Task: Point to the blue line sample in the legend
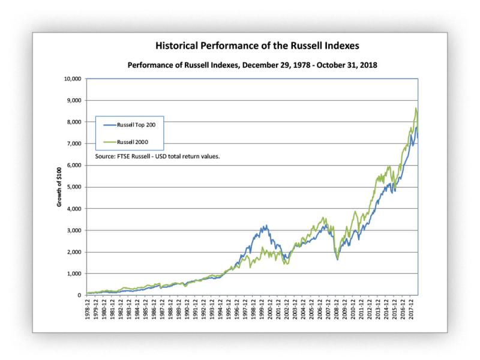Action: tap(111, 125)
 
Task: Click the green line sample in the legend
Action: tap(111, 143)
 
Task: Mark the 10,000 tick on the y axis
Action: tap(73, 79)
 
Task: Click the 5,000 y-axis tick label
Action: tap(74, 187)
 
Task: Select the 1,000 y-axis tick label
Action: tap(74, 274)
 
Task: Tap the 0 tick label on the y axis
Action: tap(80, 295)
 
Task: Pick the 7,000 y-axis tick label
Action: tap(74, 143)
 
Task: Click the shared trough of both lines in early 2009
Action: tap(338, 259)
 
